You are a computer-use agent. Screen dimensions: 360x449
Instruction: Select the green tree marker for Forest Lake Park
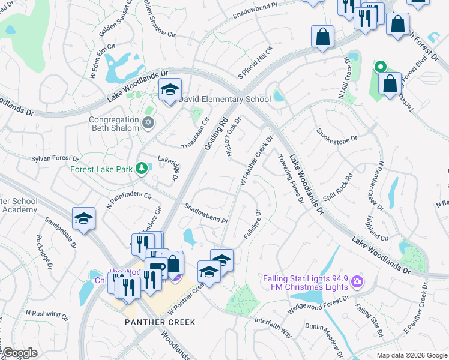pyautogui.click(x=142, y=169)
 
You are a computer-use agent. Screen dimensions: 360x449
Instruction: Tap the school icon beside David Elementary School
pyautogui.click(x=170, y=89)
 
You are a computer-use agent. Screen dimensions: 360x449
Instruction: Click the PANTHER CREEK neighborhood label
pyautogui.click(x=160, y=322)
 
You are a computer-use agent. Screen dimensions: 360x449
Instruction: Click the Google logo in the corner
pyautogui.click(x=20, y=353)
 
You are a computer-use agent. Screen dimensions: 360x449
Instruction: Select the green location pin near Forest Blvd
pyautogui.click(x=379, y=67)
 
